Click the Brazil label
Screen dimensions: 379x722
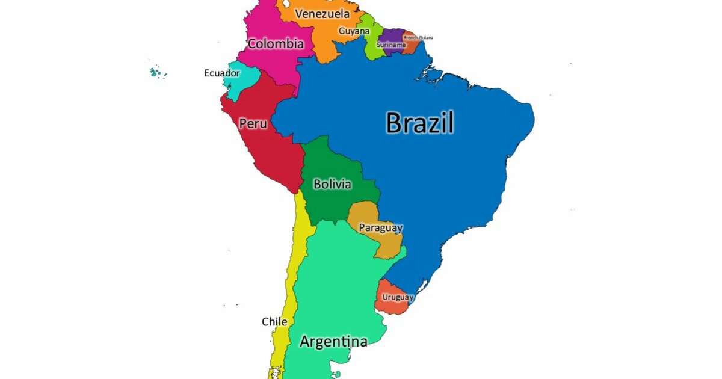click(x=420, y=123)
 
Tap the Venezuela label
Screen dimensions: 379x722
click(x=322, y=14)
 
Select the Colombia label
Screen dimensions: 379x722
click(x=276, y=44)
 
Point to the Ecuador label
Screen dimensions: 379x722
click(x=222, y=73)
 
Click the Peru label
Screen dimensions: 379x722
click(x=253, y=124)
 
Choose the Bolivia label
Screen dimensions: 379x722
click(x=332, y=184)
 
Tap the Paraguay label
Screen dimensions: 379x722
click(x=380, y=228)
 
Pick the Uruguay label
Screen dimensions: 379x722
click(x=398, y=297)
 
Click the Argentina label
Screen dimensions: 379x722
click(x=333, y=342)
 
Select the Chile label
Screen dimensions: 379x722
click(x=274, y=322)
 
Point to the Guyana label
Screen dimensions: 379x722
click(x=354, y=31)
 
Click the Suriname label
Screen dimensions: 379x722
click(x=391, y=45)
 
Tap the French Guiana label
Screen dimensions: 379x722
click(x=418, y=37)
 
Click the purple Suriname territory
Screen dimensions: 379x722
click(x=394, y=34)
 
